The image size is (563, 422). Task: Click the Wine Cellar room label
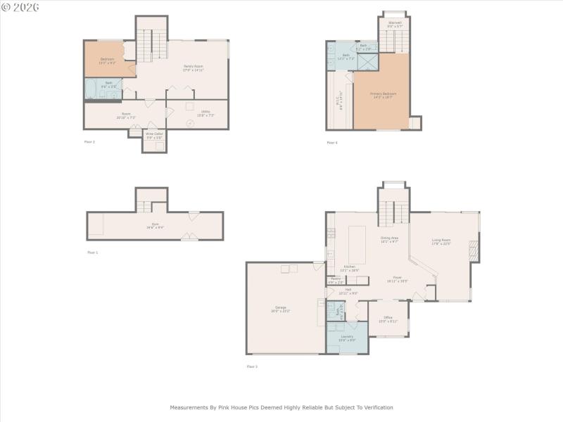154,136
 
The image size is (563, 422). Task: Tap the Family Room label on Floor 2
194,68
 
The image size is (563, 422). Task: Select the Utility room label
205,113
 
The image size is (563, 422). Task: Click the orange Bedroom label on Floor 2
107,60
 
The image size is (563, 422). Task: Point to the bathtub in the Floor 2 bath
92,90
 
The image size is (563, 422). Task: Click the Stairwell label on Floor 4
395,24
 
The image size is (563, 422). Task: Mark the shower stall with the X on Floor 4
367,62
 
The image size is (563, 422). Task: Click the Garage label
280,308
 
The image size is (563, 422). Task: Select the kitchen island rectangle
358,244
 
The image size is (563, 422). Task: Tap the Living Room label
441,242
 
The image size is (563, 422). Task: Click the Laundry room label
347,338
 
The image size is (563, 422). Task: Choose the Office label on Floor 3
388,319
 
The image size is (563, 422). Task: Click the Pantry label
336,280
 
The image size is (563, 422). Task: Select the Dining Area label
390,239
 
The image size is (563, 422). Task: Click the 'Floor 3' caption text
252,366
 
